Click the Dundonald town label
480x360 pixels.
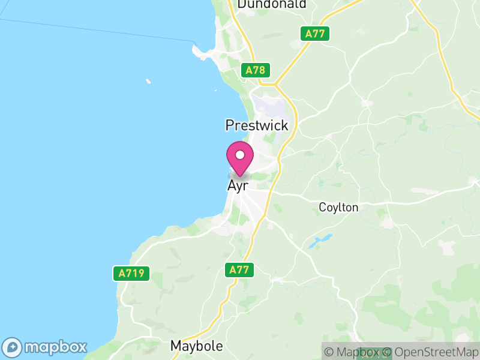click(272, 4)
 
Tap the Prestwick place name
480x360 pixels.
click(257, 125)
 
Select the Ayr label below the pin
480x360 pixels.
click(238, 186)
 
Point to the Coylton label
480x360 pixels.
click(338, 208)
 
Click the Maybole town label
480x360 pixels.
click(197, 346)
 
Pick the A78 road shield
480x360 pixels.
click(255, 70)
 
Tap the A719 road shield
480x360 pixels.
click(131, 274)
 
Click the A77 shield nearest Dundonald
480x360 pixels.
click(314, 34)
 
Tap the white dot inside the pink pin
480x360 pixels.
click(240, 155)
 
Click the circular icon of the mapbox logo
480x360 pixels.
click(13, 347)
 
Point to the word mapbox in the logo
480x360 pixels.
click(55, 347)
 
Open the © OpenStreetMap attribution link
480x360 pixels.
click(431, 352)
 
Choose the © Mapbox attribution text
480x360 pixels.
click(353, 352)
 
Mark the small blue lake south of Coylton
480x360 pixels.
click(316, 242)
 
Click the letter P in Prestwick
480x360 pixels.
click(230, 125)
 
